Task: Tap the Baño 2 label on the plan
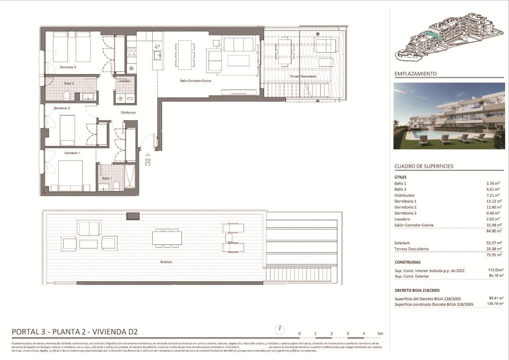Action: tap(69, 84)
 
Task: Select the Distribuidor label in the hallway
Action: tap(128, 113)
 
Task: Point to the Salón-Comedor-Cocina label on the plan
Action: tap(195, 81)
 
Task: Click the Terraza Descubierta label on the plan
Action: tap(302, 76)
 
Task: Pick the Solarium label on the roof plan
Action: tap(166, 262)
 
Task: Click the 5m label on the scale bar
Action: tap(380, 334)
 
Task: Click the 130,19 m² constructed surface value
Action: tap(494, 304)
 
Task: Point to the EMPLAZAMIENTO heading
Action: tap(415, 74)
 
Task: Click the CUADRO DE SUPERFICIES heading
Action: tap(424, 166)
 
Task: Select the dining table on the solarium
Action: tap(167, 238)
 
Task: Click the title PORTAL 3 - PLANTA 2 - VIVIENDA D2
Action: tap(75, 332)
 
